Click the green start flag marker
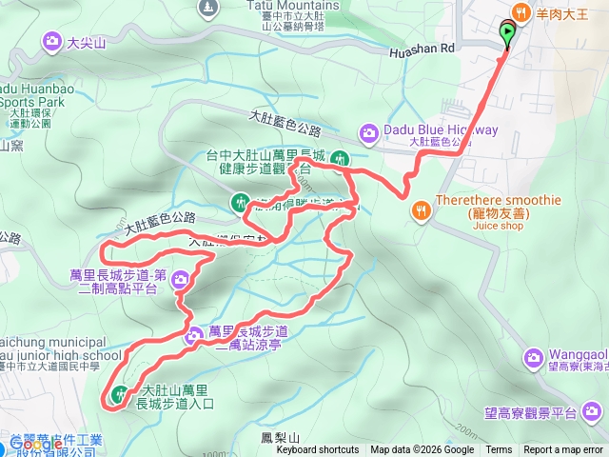click(507, 34)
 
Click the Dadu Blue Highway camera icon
click(368, 131)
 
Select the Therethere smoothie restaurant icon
click(418, 209)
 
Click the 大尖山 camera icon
click(51, 40)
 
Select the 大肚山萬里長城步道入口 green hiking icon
click(120, 392)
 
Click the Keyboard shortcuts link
click(318, 450)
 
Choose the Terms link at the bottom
click(499, 450)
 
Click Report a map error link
click(563, 450)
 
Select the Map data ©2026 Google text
click(422, 450)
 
